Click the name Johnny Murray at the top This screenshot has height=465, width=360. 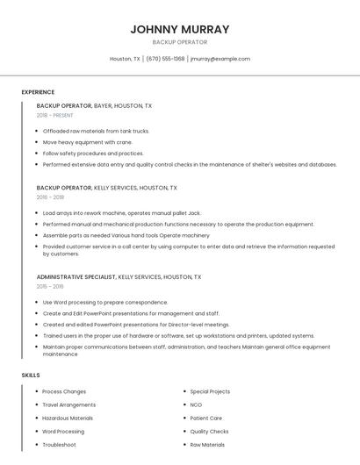(x=180, y=29)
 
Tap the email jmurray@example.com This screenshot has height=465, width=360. (x=220, y=59)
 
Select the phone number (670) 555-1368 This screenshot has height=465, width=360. (x=165, y=59)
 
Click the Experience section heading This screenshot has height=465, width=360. (x=38, y=92)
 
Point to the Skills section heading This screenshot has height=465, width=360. (x=31, y=376)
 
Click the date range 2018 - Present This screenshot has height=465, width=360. (x=54, y=115)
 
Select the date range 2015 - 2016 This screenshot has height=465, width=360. (x=50, y=286)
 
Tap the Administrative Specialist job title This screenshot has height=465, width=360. (x=76, y=277)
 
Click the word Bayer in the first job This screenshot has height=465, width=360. (x=104, y=106)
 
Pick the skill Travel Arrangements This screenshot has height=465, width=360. (x=68, y=404)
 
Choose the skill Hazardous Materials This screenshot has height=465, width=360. (x=68, y=418)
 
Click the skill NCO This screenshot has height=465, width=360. (x=196, y=404)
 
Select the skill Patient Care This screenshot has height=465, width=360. (x=206, y=418)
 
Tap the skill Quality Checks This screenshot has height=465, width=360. (x=209, y=432)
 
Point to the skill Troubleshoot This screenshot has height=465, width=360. (x=60, y=445)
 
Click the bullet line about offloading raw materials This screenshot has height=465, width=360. (x=97, y=131)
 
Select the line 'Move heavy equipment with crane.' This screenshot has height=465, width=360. (x=88, y=142)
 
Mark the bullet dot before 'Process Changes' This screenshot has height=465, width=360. (x=36, y=391)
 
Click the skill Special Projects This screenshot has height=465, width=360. (x=210, y=391)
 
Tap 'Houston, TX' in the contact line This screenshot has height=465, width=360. (x=125, y=59)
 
